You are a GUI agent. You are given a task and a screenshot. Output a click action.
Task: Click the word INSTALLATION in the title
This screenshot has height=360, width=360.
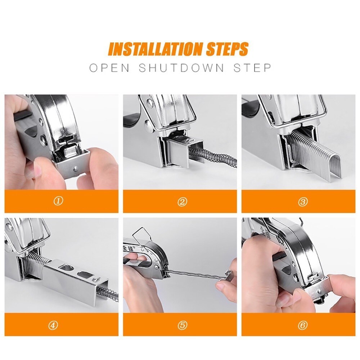pos(156,49)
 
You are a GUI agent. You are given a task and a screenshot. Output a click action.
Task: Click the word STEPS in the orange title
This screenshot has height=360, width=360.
pos(228,49)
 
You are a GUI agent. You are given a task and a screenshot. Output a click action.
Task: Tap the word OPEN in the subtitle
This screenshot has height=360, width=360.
pos(109,68)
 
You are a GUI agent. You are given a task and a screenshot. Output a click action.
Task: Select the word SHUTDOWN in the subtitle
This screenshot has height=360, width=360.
pos(181,68)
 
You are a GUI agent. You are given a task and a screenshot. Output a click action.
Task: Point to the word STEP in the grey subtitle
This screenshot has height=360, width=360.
pos(252,68)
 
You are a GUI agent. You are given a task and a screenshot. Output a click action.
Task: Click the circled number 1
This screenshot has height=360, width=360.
pos(58,201)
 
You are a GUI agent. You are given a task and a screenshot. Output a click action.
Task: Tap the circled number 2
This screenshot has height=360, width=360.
pos(182,202)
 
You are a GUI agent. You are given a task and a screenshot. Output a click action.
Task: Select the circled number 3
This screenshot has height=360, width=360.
pos(303,202)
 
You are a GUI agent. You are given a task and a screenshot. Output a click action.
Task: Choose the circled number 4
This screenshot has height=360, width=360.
pos(53,325)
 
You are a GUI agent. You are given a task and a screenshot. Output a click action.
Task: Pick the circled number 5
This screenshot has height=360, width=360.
pos(182,325)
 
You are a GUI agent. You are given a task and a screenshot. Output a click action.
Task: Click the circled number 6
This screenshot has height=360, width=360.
pos(302,325)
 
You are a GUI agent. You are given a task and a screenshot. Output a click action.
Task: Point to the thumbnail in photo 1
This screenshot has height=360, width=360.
pos(39,168)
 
